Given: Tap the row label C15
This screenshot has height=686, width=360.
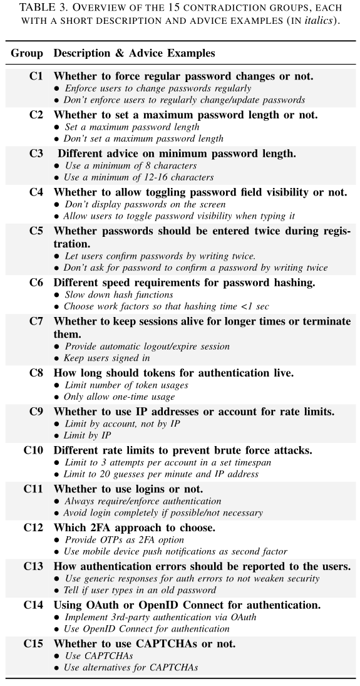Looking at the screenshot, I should (33, 643).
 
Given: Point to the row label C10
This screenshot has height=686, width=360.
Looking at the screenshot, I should (33, 450).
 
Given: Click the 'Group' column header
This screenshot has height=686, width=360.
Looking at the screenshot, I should (27, 53).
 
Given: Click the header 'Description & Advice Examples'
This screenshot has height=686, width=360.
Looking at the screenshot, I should (134, 53).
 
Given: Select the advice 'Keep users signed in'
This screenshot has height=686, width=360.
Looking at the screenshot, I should (107, 358).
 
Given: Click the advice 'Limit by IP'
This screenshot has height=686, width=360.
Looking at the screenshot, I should (88, 435).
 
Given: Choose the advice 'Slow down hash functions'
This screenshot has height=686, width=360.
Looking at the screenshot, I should (119, 294).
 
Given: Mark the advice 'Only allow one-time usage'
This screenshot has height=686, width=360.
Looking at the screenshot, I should (119, 397).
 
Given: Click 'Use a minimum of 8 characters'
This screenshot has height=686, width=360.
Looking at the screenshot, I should (131, 165).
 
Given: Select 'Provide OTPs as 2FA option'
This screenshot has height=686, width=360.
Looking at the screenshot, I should (124, 540).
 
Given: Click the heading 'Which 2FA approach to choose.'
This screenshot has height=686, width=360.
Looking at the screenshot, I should (134, 527).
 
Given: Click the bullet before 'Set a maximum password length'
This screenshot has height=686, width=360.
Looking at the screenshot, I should (57, 127).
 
